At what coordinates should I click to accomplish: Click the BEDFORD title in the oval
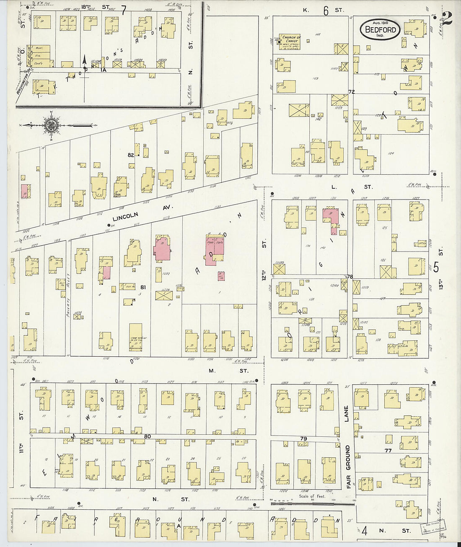pos(381,30)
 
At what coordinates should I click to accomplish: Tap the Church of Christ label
pos(291,39)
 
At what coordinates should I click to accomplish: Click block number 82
pos(131,155)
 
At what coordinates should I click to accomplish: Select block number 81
pos(143,287)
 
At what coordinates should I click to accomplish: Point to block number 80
pos(148,436)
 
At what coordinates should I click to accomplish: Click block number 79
pos(304,438)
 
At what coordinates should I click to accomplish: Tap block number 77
pos(388,451)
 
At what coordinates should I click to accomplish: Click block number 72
pos(351,91)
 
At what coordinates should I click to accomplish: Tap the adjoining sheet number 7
pos(123,10)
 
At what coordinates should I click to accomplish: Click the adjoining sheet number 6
pos(325,11)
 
